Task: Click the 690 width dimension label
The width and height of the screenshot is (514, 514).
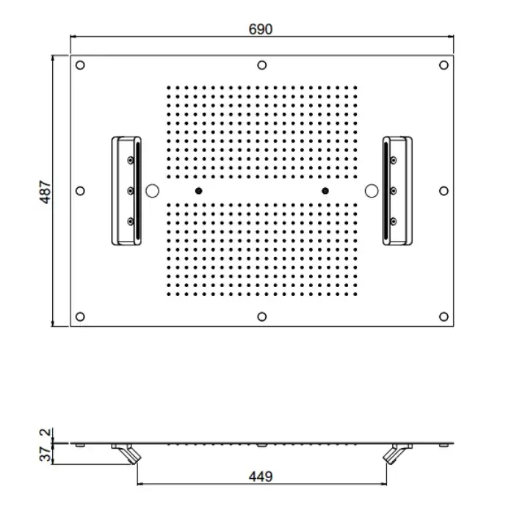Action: coord(260,29)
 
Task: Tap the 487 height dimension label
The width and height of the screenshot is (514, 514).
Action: coord(46,192)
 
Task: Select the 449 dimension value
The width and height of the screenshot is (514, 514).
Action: coord(261,477)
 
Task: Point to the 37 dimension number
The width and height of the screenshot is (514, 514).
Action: coord(46,454)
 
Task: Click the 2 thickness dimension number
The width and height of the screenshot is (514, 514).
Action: coord(46,432)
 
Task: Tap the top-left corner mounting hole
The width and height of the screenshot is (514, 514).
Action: coord(80,65)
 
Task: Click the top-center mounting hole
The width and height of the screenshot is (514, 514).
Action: coord(262,65)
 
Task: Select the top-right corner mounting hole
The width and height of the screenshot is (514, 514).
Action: coord(444,65)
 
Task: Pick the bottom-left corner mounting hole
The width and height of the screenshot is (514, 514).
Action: coord(80,316)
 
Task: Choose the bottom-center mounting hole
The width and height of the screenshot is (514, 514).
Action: coord(262,316)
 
